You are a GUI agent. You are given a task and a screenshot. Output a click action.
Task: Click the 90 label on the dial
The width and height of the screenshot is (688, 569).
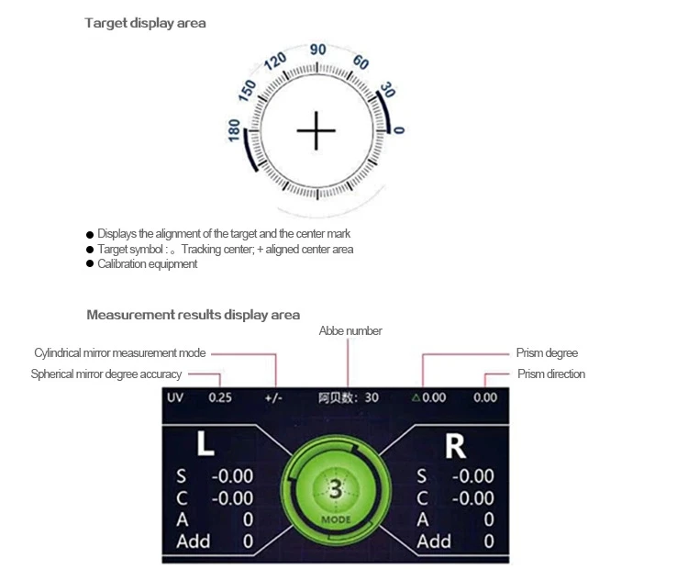[x=317, y=50]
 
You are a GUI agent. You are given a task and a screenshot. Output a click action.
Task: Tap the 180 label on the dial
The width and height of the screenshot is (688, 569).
[x=234, y=129]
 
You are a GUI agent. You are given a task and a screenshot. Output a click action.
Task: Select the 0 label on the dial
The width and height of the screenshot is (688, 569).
[x=399, y=130]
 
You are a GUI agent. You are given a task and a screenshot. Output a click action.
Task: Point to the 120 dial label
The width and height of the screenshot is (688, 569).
[x=275, y=62]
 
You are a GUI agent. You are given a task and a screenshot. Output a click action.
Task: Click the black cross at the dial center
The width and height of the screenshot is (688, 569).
[x=316, y=131]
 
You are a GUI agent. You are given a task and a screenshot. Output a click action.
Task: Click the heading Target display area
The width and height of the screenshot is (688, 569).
[x=145, y=23]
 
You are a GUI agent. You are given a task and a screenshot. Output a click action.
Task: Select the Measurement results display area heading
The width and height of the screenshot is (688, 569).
[x=193, y=315]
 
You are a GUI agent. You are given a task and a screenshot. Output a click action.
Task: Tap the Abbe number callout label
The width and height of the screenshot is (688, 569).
[x=350, y=330]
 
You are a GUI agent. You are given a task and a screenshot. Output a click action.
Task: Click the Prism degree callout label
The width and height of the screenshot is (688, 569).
[x=548, y=352]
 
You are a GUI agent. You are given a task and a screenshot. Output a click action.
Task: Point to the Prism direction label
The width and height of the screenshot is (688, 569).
[x=551, y=374]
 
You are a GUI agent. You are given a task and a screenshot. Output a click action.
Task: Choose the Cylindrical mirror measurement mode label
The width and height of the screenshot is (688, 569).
[x=119, y=352]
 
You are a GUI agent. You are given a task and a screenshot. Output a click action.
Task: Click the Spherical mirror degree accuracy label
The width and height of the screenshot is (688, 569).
[x=105, y=374]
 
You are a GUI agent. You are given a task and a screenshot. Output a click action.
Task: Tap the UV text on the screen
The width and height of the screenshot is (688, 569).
[x=175, y=397]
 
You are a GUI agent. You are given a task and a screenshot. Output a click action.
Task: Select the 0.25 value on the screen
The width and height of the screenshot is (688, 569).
[x=220, y=397]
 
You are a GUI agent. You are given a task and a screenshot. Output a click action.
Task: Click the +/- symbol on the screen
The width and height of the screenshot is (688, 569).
[x=273, y=397]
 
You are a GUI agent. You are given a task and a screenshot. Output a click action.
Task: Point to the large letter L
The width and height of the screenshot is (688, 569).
[x=205, y=445]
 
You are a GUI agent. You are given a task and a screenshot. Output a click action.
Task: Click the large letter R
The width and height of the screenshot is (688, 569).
[x=455, y=445]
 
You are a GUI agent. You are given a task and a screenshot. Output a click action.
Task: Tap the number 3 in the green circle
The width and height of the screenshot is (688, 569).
[x=336, y=490]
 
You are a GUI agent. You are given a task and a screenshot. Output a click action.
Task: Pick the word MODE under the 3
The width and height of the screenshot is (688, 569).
[x=336, y=519]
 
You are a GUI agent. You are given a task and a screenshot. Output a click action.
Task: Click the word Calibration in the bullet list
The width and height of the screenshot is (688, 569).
[x=120, y=264]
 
